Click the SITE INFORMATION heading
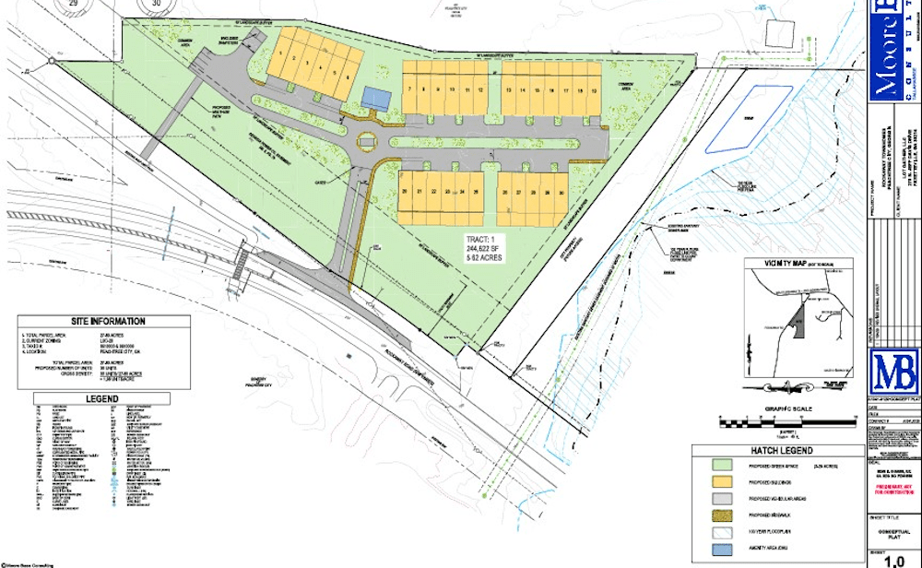[104, 321]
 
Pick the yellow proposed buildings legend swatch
[724, 488]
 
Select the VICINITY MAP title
[786, 263]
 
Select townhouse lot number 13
[509, 89]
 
